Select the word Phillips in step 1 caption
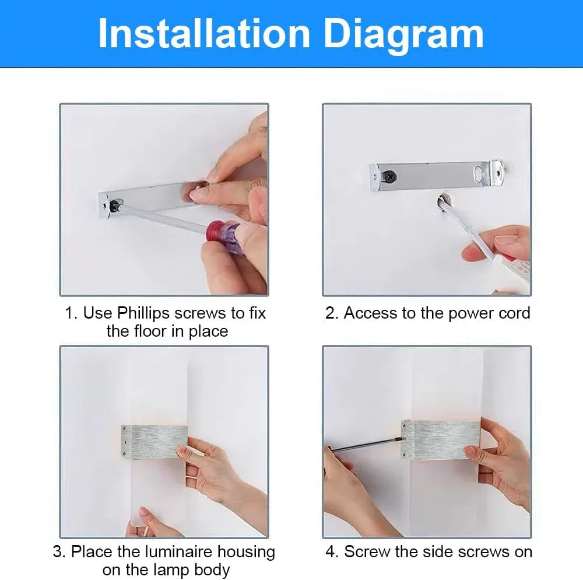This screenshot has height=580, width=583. tap(149, 313)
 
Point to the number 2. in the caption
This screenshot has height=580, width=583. tap(332, 313)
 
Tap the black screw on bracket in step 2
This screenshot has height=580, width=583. tap(387, 174)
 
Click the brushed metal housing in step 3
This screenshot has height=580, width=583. tap(157, 441)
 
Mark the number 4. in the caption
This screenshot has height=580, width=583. tap(332, 551)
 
